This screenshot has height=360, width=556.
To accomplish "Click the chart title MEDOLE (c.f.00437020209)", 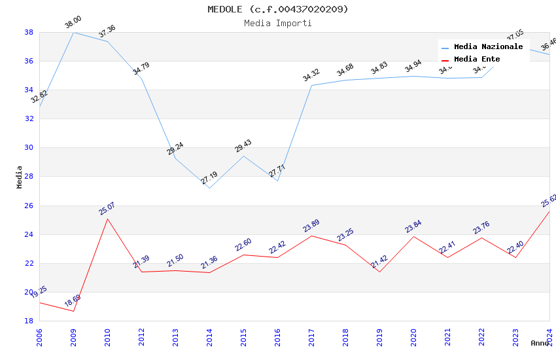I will point(278,9).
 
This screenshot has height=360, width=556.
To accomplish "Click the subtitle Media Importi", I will point(278,23).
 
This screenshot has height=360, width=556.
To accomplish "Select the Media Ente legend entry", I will point(477,60).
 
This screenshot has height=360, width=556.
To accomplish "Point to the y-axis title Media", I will point(20,177).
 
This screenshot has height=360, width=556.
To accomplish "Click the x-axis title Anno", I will point(540,343).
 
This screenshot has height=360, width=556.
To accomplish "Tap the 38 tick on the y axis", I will point(29,32).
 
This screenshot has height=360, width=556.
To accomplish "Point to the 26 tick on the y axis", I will point(29,206).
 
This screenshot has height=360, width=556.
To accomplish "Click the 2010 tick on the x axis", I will point(108,336).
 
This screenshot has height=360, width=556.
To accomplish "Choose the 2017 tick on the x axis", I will point(311,336).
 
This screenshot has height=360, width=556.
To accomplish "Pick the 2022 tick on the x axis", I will point(481,336).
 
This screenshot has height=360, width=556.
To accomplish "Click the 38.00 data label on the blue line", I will point(73,22).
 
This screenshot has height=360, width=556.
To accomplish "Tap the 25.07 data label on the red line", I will point(107,208).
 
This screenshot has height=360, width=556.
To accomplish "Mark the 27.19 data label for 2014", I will point(209,177).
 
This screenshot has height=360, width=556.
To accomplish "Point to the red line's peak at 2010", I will point(108,219).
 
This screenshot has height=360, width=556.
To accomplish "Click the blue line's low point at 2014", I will point(209,188).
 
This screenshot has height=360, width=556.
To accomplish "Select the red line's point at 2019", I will point(379,272).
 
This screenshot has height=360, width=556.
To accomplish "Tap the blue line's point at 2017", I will point(311,85).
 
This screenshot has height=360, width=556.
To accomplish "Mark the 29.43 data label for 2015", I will point(243,145).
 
